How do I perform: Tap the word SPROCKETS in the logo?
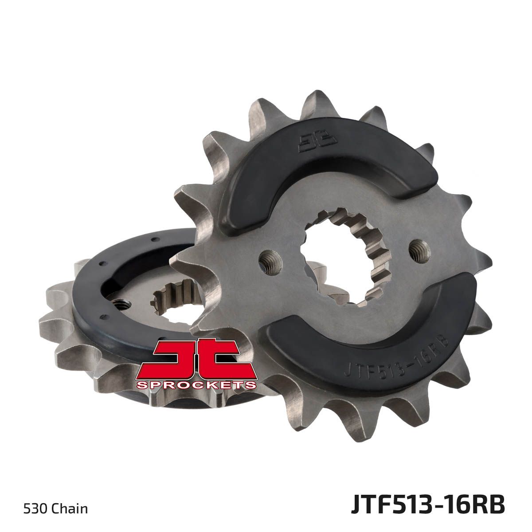pos(196,384)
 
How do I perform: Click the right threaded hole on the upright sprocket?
pos(420,251)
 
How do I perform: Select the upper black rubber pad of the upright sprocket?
pos(304,166)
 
